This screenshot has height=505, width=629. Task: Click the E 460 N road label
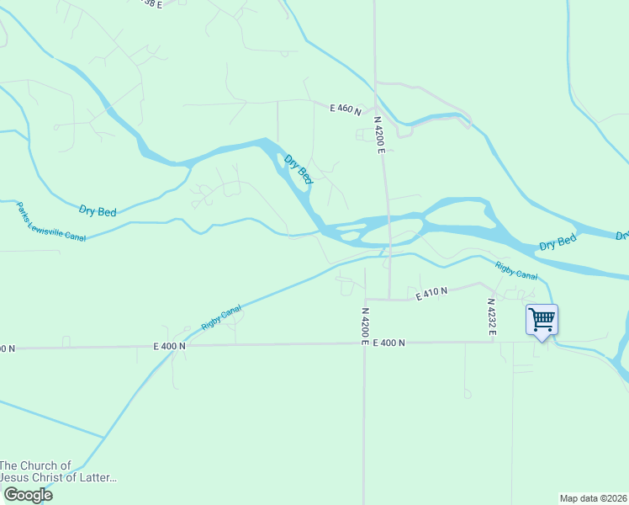tap(345, 109)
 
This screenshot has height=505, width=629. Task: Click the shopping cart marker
tap(542, 320)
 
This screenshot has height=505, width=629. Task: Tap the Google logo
tap(27, 495)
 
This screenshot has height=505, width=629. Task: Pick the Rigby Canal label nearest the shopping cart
tap(515, 270)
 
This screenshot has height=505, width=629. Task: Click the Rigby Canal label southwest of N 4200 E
tap(221, 316)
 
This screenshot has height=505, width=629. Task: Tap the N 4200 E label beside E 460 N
tap(379, 135)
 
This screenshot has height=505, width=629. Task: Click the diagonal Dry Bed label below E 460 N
tap(299, 169)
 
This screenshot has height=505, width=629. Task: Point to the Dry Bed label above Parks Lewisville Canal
tap(98, 211)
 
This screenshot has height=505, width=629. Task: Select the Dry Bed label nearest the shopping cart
tap(558, 243)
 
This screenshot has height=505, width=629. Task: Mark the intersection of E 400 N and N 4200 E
tap(364, 343)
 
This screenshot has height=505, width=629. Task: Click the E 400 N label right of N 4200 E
tap(388, 343)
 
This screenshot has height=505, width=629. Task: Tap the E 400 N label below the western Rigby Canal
tap(169, 346)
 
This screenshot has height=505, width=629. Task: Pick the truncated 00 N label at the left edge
tap(7, 348)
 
